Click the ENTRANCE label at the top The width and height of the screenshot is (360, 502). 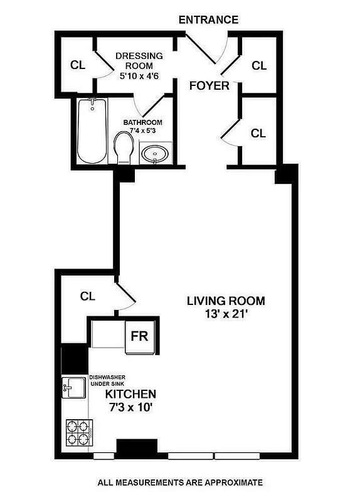(x=208, y=20)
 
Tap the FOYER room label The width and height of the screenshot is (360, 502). (x=209, y=86)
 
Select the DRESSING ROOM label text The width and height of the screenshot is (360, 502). (x=139, y=61)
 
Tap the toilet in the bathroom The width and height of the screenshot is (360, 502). (x=123, y=148)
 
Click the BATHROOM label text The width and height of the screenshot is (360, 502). (x=142, y=122)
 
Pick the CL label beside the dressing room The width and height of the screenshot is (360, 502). (x=78, y=65)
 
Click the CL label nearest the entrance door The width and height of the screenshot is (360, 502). (x=259, y=65)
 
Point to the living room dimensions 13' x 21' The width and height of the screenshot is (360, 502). (x=226, y=314)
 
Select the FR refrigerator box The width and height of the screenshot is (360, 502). (x=139, y=335)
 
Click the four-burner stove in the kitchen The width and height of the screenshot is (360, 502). (x=77, y=432)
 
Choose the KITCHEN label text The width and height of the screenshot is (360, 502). (x=130, y=395)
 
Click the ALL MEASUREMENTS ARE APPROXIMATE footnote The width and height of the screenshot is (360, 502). (x=179, y=483)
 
